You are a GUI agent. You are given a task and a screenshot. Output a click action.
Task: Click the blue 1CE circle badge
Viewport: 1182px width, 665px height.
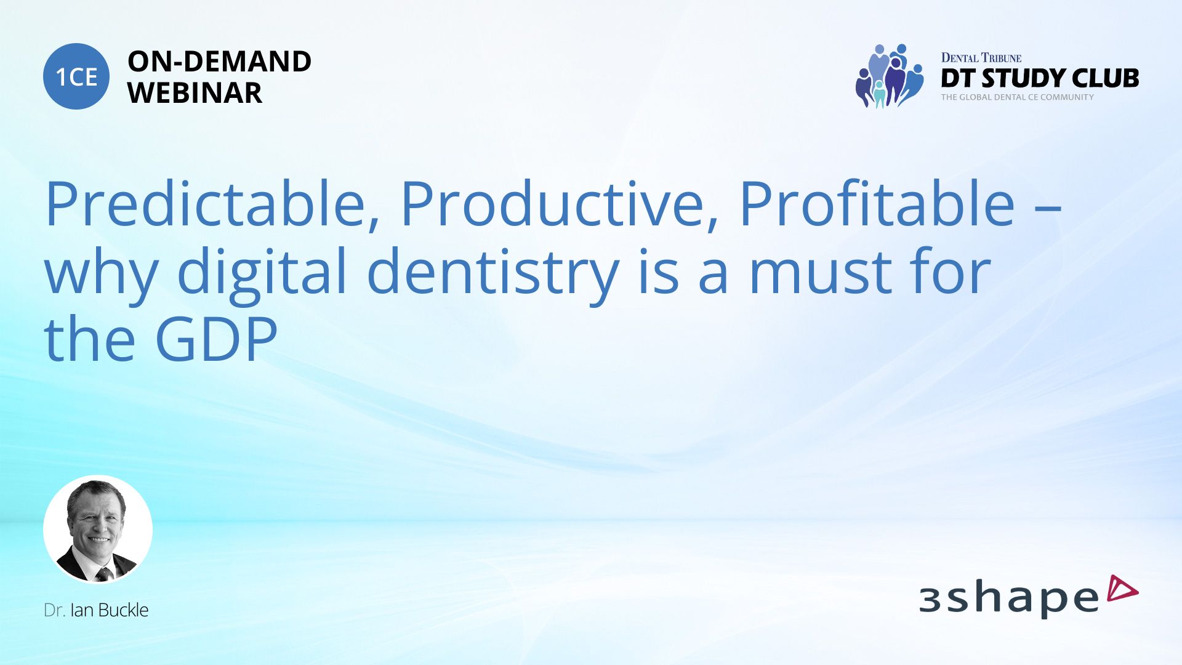(x=76, y=76)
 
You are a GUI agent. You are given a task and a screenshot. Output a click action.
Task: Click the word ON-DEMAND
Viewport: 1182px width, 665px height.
(x=219, y=62)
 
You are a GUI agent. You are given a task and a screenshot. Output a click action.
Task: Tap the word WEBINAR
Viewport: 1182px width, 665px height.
(x=195, y=93)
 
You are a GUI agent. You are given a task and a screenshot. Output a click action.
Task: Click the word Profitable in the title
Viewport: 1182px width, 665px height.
(x=877, y=204)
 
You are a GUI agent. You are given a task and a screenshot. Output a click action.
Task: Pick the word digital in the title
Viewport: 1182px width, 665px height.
(x=262, y=272)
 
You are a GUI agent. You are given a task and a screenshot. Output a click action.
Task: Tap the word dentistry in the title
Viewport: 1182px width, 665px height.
(x=493, y=272)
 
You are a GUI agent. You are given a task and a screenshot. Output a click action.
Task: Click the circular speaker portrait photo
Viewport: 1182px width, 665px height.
(x=98, y=529)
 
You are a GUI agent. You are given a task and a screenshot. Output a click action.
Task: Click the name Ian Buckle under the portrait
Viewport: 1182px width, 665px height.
(x=110, y=610)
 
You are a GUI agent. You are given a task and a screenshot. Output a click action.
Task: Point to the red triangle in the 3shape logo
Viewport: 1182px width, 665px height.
(x=1122, y=589)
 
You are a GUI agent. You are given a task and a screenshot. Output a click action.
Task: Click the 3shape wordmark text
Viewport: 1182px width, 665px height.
(x=1008, y=598)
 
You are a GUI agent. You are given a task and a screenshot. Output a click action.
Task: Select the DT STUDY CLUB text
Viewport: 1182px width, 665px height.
(x=1040, y=78)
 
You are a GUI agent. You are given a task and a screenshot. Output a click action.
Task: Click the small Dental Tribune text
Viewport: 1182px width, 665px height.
(x=981, y=58)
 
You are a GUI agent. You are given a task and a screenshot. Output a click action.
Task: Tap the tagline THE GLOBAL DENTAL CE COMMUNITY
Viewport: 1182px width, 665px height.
(x=1017, y=97)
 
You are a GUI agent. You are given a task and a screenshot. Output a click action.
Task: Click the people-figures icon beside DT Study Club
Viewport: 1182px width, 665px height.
(x=890, y=76)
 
